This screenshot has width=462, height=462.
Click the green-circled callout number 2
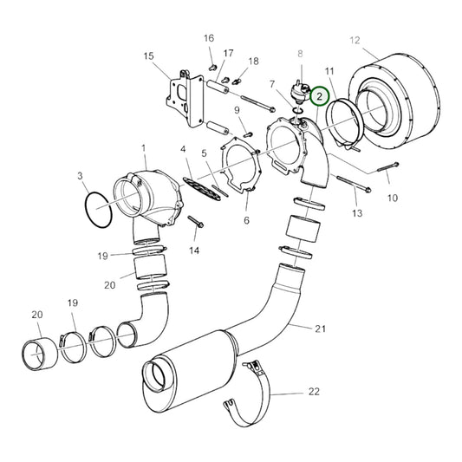point(320,95)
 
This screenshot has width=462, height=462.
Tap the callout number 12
point(354,40)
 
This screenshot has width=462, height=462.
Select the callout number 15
point(147,56)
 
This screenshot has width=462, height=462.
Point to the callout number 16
point(209,39)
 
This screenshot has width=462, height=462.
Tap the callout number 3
point(81,176)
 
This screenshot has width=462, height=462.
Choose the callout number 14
point(194,251)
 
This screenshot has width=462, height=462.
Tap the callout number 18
point(253,62)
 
